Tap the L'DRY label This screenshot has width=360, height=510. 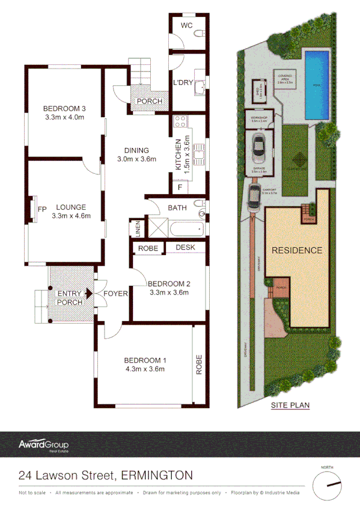coord(182,83)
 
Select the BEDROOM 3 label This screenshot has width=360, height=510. coord(65,108)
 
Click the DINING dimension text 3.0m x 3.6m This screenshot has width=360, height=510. coord(136,159)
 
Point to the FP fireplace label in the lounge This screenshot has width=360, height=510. coord(42,209)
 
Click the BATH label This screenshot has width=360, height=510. coord(178,208)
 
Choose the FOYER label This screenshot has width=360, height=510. coord(115,294)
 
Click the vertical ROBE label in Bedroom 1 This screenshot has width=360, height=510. coord(199,364)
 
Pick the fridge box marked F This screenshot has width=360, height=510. coord(180,187)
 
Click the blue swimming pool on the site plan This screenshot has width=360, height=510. coord(317,84)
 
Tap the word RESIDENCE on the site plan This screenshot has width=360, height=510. coord(297,250)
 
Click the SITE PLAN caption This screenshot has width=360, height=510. coord(290,405)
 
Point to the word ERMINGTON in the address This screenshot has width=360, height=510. coord(157,475)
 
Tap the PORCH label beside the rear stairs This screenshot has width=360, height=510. coord(149,101)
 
